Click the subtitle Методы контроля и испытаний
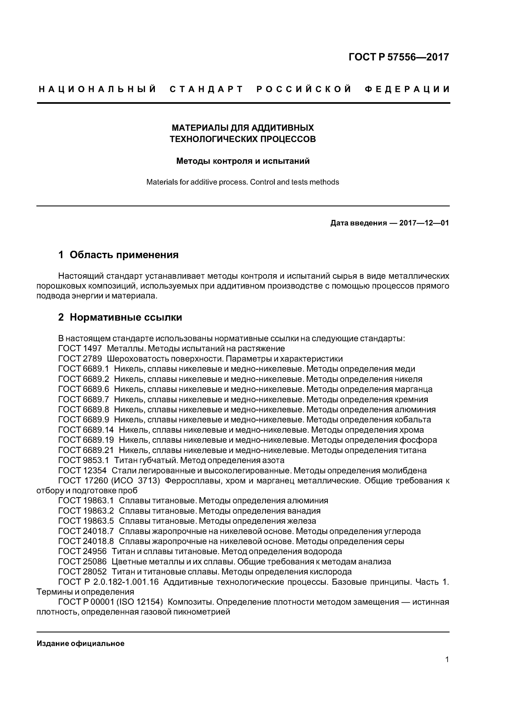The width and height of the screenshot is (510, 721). (243, 161)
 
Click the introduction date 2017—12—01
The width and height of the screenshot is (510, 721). (424, 223)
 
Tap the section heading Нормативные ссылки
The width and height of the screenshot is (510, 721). (126, 317)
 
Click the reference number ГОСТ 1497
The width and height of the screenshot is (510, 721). (80, 348)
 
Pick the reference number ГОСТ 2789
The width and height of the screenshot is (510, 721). (80, 359)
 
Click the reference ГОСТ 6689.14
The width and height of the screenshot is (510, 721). (86, 430)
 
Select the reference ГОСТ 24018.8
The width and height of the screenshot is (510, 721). (86, 541)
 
